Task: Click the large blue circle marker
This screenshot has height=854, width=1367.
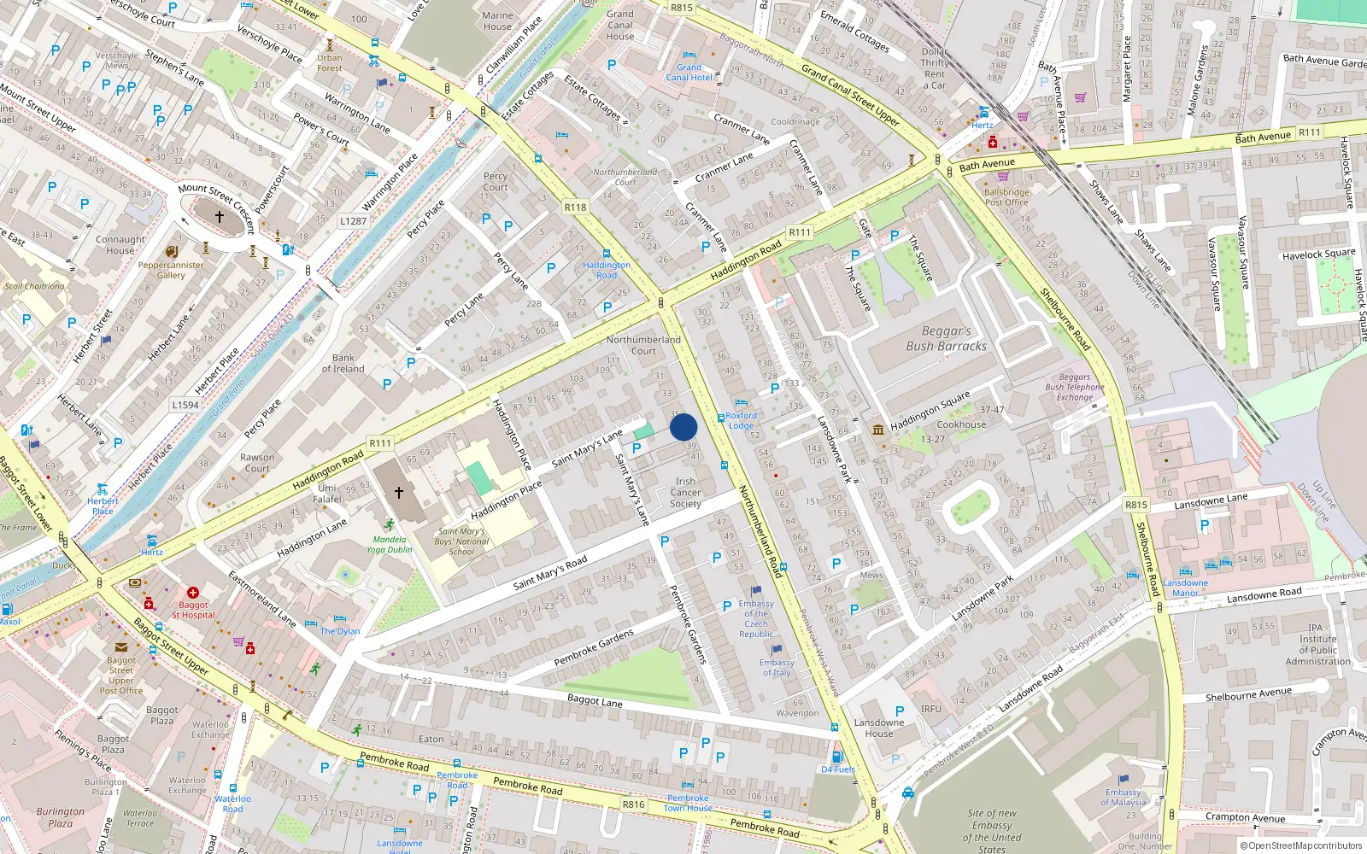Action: pos(683,427)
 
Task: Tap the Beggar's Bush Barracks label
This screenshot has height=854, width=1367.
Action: pos(946,338)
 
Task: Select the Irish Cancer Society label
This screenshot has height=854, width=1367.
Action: pos(685,493)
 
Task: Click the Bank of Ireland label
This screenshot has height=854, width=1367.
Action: pos(343,364)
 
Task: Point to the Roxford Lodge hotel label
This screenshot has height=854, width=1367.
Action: pos(741,420)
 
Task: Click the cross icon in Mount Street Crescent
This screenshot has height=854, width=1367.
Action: pos(220,217)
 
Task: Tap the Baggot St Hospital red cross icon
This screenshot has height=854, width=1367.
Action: pos(193,592)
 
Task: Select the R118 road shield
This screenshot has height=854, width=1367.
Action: pos(575,208)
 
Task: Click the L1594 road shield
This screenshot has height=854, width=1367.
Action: pos(185,405)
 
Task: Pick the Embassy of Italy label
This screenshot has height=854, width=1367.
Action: pos(777,667)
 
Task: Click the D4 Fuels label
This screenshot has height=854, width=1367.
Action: pos(837,769)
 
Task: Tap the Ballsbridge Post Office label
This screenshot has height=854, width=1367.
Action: pos(1006,197)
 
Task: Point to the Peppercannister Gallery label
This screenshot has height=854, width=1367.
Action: pos(171,270)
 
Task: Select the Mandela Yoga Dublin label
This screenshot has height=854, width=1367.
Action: pos(390,544)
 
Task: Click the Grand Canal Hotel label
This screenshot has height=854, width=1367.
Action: pos(689,73)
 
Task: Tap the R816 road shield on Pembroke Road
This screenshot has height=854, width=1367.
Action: pos(633,804)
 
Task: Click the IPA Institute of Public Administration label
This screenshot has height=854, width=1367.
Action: pos(1317,644)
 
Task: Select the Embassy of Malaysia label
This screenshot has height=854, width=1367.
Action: pos(1123,797)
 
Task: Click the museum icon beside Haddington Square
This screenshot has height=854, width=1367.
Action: pos(878,429)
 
